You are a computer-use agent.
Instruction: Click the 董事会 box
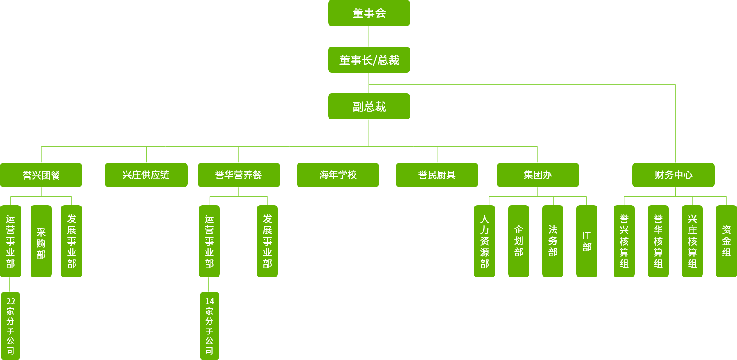369,13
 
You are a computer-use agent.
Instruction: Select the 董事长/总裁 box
369,60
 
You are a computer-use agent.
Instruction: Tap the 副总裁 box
369,106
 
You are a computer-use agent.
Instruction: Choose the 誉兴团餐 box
41,175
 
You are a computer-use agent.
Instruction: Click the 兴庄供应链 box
146,175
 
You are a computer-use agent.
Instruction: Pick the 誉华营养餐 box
239,175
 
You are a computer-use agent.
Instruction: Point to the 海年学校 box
338,175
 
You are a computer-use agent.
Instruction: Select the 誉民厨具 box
437,175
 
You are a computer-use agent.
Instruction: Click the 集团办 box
538,175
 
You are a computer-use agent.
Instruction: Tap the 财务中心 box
673,175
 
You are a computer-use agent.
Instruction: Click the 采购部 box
41,241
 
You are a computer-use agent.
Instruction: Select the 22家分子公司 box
10,326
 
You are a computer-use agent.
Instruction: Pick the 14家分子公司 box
210,326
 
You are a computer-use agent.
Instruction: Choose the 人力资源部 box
484,241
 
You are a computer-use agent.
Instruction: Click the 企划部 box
518,241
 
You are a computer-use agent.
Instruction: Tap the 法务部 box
553,241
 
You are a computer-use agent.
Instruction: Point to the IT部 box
587,241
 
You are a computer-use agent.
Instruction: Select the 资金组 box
726,241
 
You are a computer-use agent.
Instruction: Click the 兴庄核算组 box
692,241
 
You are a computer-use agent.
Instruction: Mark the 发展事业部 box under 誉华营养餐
267,241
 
